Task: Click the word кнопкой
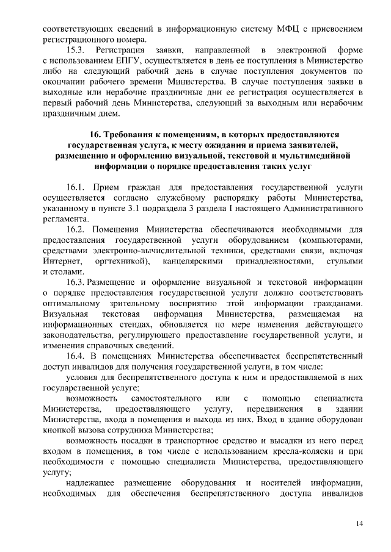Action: coord(59,430)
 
